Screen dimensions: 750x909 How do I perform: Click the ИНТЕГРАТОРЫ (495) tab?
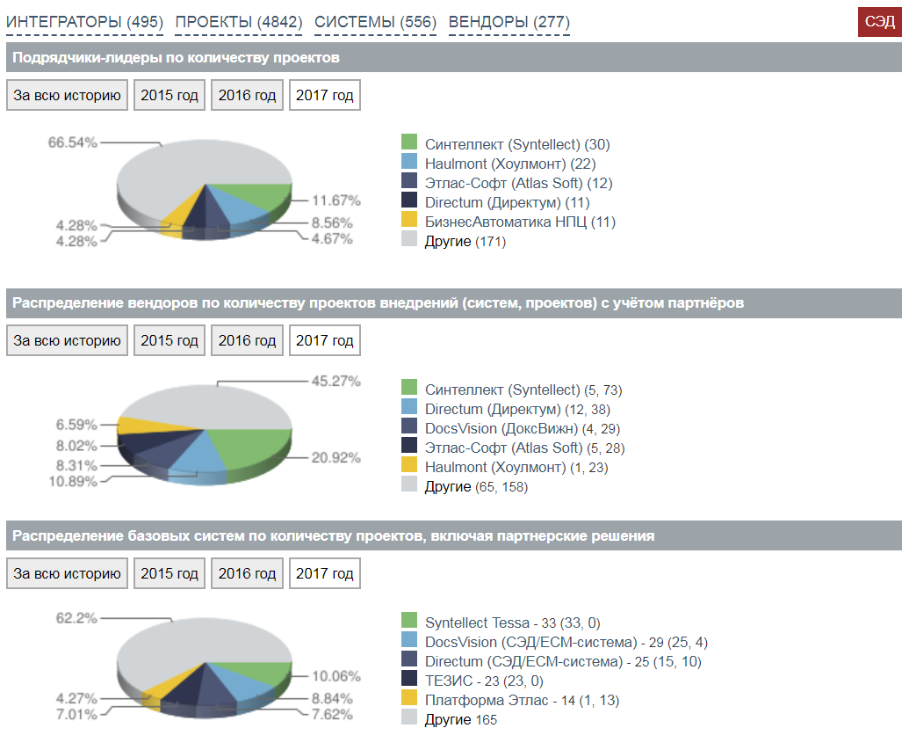point(84,22)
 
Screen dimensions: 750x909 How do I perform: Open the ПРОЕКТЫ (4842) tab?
point(239,22)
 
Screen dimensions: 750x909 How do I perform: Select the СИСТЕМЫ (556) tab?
point(375,22)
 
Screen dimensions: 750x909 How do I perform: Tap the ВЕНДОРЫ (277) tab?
point(509,22)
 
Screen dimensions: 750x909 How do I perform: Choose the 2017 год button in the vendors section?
point(324,340)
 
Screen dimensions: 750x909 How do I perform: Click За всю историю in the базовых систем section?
point(67,573)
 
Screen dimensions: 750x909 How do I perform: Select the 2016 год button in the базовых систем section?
point(247,573)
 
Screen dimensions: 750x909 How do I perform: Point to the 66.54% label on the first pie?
point(72,142)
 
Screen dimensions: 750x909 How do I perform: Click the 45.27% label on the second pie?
point(335,382)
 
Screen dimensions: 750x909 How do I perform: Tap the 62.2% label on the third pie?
point(76,618)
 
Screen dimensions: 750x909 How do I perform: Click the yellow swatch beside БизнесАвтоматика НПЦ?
point(408,221)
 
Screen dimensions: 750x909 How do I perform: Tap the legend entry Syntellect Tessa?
point(513,623)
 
